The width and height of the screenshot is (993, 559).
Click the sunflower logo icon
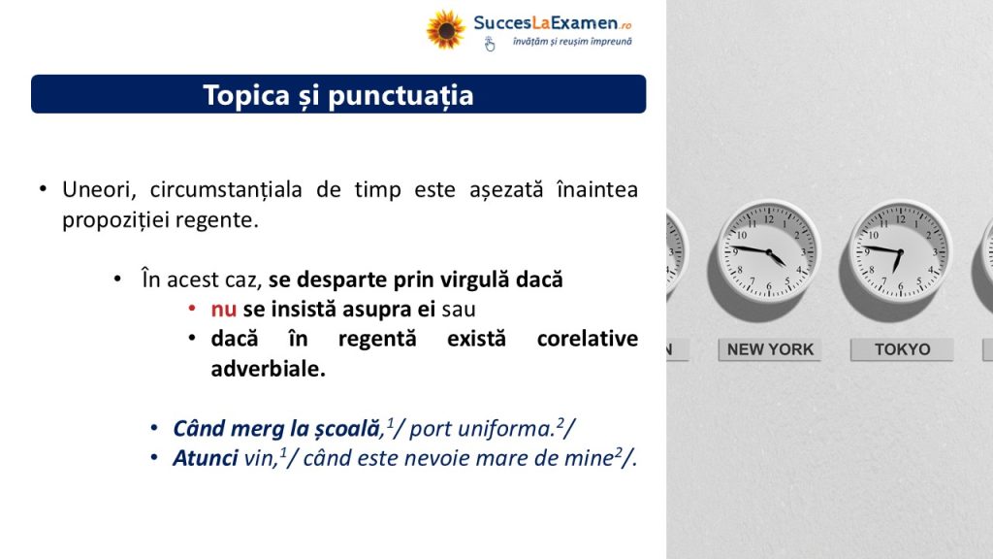point(445,29)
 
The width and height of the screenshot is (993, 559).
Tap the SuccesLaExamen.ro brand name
point(552,23)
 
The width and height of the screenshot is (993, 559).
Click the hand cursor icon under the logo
point(490,44)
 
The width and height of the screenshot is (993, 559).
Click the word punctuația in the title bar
point(400,96)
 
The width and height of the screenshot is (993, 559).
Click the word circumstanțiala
point(226,189)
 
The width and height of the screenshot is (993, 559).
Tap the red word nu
point(224,310)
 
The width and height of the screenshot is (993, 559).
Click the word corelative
point(587,339)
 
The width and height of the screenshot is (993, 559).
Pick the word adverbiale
point(268,368)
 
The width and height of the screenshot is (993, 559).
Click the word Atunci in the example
point(206,458)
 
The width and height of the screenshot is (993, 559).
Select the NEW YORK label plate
point(769,349)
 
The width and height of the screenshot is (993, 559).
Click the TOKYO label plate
point(902,349)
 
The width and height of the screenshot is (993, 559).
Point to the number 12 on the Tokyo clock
point(900,220)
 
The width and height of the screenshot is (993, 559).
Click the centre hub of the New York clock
point(769,252)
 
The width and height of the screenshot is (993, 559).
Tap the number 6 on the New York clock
point(769,286)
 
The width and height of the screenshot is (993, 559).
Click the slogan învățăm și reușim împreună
point(572,42)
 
